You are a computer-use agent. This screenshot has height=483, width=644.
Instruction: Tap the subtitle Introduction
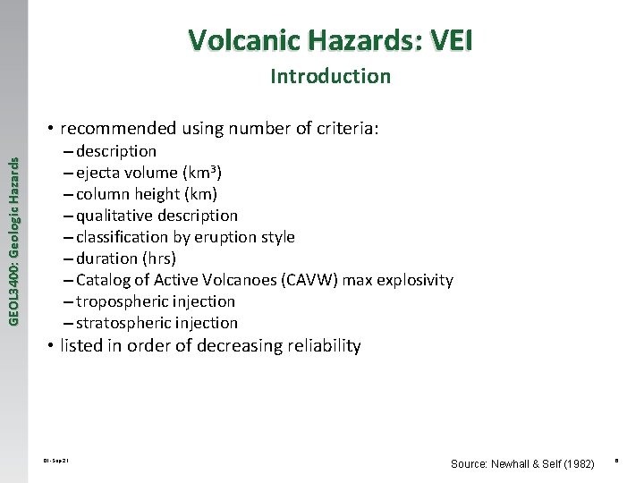pos(330,77)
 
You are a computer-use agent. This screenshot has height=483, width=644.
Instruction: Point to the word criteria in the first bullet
pos(345,129)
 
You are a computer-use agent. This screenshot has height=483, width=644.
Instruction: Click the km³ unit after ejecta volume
pos(204,173)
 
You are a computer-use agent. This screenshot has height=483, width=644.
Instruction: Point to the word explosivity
pos(414,280)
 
